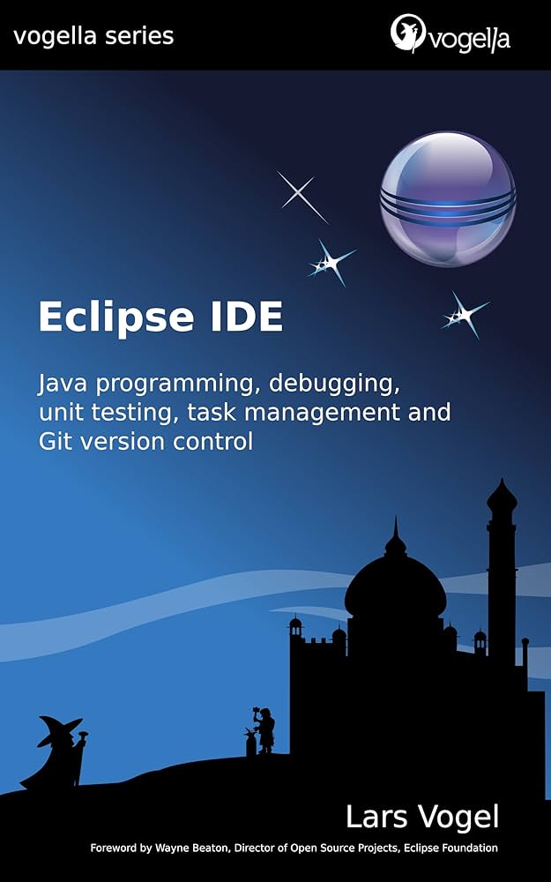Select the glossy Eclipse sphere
448,198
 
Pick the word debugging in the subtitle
323,385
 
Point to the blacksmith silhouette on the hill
264,730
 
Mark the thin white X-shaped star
302,196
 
